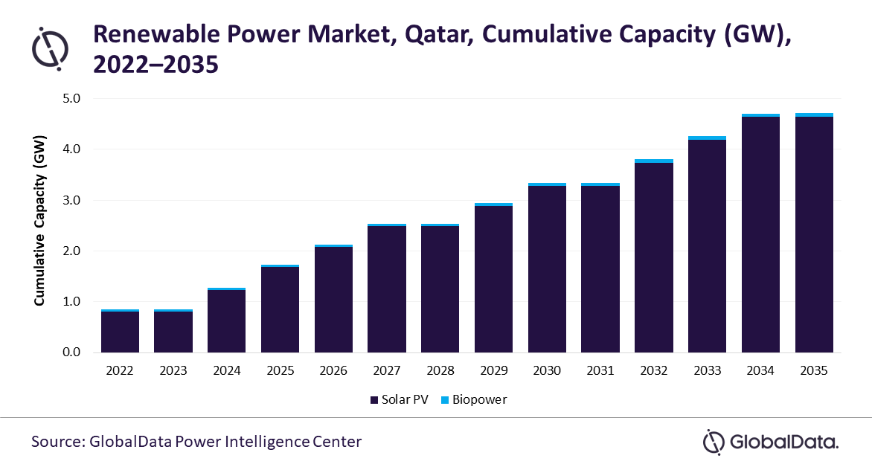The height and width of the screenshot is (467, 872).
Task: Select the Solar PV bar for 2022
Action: (x=120, y=332)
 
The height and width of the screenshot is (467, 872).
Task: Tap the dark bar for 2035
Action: (x=814, y=234)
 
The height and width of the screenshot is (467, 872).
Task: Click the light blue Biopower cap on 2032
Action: (x=654, y=161)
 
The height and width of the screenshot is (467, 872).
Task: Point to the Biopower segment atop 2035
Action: (x=814, y=115)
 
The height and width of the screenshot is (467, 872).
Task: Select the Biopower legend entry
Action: (x=474, y=399)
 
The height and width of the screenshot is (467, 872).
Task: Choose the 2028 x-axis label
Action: (x=440, y=370)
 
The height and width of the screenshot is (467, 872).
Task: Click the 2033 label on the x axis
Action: (x=707, y=370)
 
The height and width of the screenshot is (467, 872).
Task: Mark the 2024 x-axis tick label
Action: (x=226, y=370)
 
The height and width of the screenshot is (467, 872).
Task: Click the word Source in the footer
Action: (x=56, y=442)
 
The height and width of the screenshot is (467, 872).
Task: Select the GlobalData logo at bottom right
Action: (x=771, y=442)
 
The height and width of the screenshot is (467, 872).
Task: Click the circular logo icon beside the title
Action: (x=49, y=48)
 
